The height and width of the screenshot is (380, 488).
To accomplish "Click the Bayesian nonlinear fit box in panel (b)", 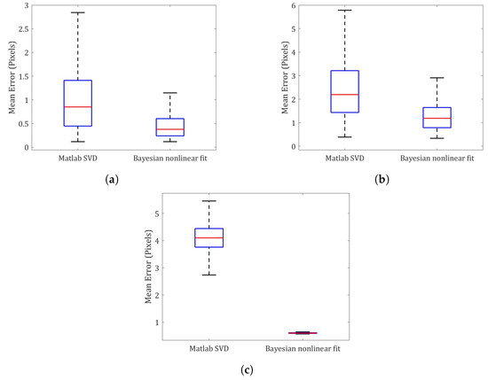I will (437, 117).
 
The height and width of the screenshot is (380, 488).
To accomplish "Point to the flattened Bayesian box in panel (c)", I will (303, 333).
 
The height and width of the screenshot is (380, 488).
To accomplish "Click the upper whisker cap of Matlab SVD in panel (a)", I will (78, 12).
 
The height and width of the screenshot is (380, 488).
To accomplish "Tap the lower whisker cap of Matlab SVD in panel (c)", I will (209, 275).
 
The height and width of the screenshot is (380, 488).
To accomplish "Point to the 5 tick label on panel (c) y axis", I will (156, 213).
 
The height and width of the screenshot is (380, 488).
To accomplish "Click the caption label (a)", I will (112, 180).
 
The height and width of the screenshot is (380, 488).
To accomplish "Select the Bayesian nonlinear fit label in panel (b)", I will (437, 159).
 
